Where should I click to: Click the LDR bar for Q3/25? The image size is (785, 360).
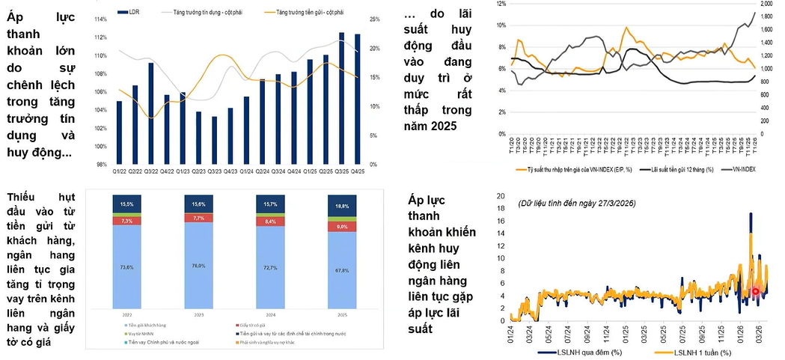point(341,98)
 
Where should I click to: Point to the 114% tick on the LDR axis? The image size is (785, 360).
point(100,19)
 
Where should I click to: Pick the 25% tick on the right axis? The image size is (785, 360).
point(375,19)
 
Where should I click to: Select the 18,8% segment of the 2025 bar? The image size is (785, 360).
point(341,204)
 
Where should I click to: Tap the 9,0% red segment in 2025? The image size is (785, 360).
point(341,226)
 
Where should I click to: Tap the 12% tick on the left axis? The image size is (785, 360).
point(501,4)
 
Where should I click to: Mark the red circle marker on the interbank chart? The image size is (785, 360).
point(756,292)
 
